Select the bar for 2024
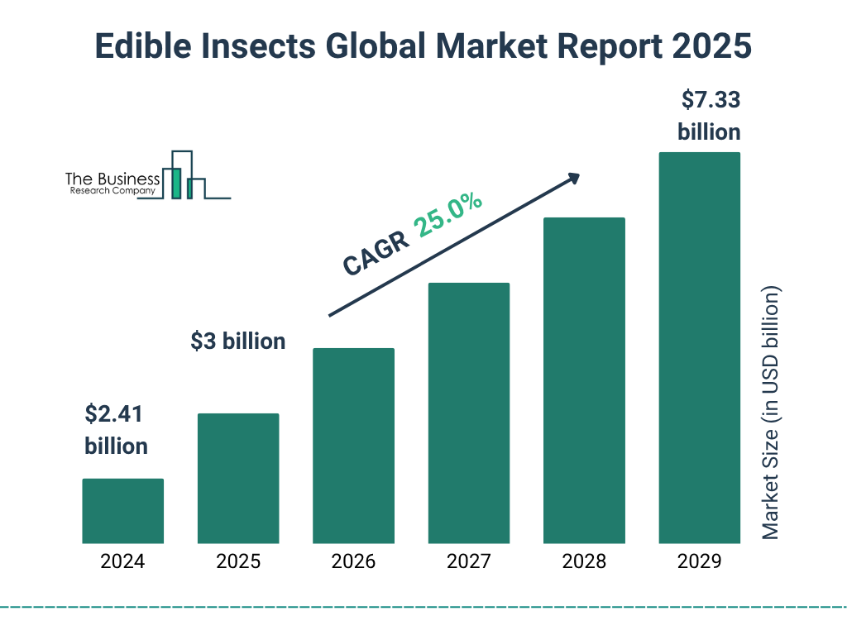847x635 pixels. coord(122,511)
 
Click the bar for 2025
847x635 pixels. coord(238,478)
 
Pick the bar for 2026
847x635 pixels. coord(353,446)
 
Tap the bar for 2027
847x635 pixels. coord(468,413)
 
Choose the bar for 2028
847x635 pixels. coord(584,380)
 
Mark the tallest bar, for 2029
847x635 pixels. coord(699,348)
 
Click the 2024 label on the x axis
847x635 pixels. coord(122,562)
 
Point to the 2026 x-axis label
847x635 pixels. coord(353,562)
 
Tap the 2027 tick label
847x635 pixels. coord(468,562)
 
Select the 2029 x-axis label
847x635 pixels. coord(699,562)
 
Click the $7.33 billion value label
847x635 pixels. coord(710,116)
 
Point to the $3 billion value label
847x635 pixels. coord(238,341)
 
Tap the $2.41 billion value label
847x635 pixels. coord(116,429)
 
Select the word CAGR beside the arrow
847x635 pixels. coord(376,252)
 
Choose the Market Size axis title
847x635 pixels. coord(771,413)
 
